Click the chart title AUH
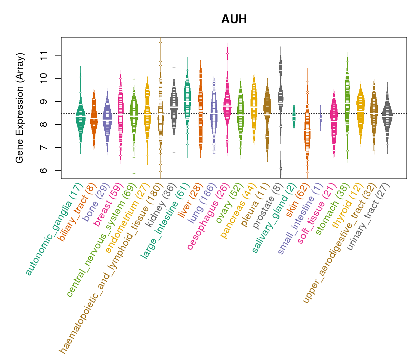pos(234,19)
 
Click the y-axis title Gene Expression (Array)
pos(20,108)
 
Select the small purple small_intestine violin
pos(321,118)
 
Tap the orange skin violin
pos(307,132)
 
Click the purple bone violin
pos(107,120)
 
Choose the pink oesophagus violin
pos(227,108)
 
